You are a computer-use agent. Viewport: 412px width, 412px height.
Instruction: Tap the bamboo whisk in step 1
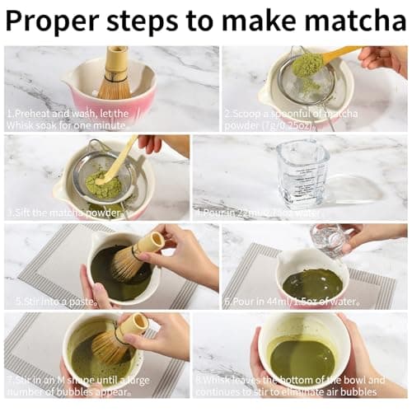coord(115,74)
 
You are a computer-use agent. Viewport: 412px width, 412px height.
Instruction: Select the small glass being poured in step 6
coord(330,239)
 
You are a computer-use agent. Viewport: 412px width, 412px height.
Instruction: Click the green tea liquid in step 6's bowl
coord(311,283)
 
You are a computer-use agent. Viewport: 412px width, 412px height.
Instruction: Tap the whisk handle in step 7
coord(132,324)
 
